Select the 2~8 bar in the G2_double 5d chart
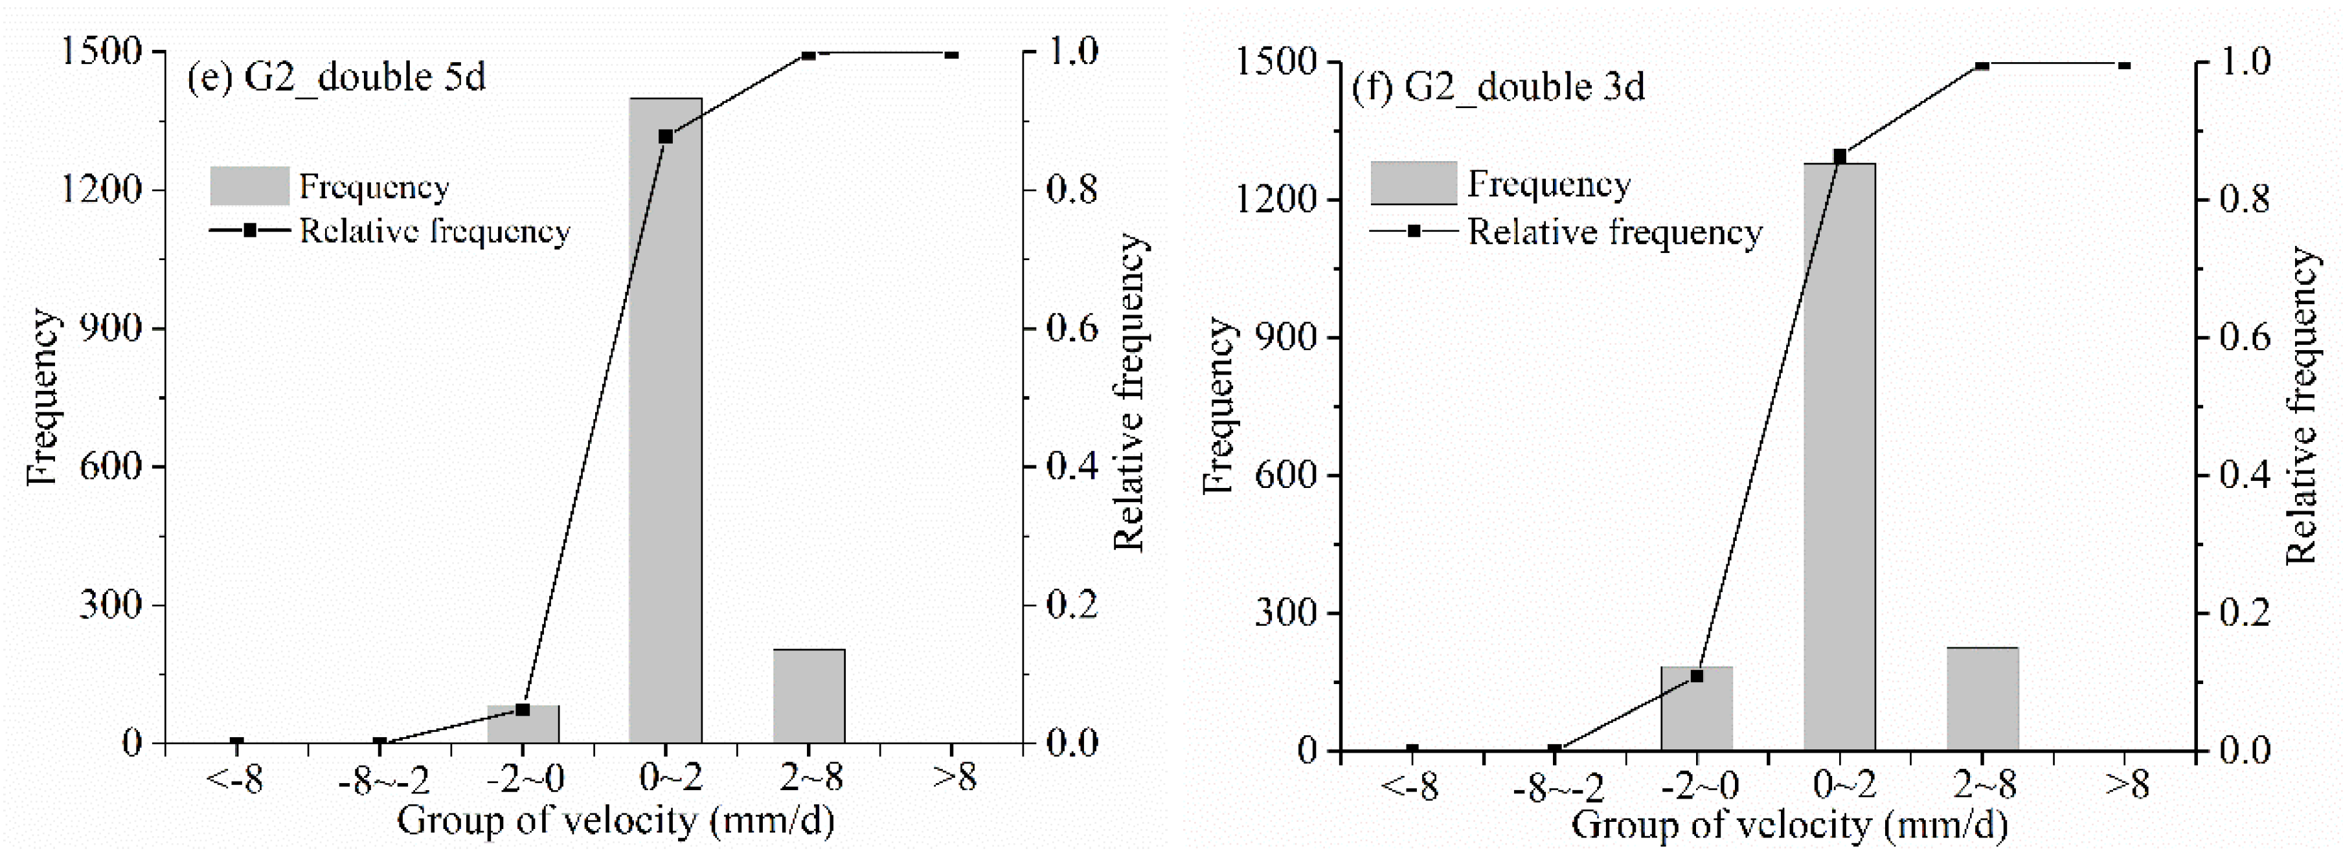(809, 696)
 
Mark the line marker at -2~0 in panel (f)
(1696, 676)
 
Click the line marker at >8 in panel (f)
(2125, 65)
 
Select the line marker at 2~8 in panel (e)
(809, 56)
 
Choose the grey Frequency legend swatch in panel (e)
(249, 186)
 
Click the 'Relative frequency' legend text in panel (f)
(1614, 233)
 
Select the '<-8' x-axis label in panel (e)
(236, 779)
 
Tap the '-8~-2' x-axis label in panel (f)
(1557, 786)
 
